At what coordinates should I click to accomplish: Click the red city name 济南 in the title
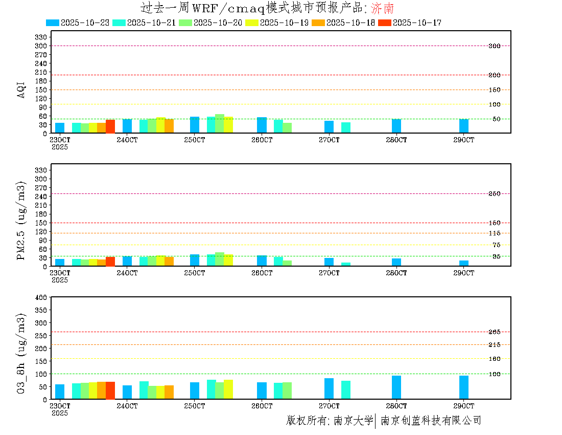pyautogui.click(x=382, y=8)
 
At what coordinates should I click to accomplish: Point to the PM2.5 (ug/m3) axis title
pyautogui.click(x=21, y=220)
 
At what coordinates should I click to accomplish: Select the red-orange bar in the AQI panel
pyautogui.click(x=110, y=126)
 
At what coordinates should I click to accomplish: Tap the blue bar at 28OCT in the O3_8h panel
pyautogui.click(x=396, y=387)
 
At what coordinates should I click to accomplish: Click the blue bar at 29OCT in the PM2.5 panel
pyautogui.click(x=464, y=263)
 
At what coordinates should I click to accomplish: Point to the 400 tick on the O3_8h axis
pyautogui.click(x=41, y=297)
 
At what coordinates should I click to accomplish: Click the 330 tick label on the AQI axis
pyautogui.click(x=41, y=37)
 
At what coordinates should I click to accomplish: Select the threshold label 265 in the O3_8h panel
pyautogui.click(x=494, y=332)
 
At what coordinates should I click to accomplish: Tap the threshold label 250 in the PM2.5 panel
pyautogui.click(x=494, y=193)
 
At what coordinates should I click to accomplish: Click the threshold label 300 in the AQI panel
pyautogui.click(x=494, y=46)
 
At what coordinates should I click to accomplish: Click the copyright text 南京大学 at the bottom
pyautogui.click(x=353, y=421)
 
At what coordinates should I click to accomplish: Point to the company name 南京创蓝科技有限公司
pyautogui.click(x=431, y=421)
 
